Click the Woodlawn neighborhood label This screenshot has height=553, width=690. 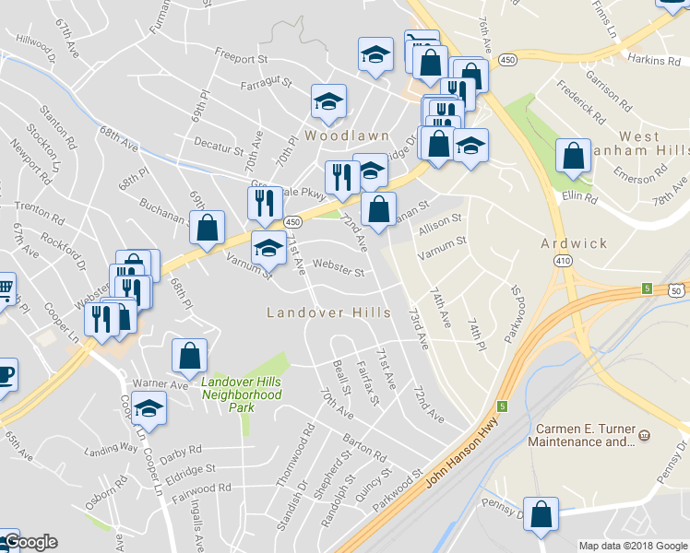pos(329,135)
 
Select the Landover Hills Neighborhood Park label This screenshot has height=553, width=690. pos(241,394)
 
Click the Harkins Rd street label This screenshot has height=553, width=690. pos(653,60)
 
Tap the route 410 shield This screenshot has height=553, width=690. pos(562,262)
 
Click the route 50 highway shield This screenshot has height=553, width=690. pos(678,291)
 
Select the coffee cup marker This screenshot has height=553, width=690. pos(5,375)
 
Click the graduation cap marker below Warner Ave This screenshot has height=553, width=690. pos(149,407)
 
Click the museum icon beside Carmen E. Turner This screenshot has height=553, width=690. pos(644,434)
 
